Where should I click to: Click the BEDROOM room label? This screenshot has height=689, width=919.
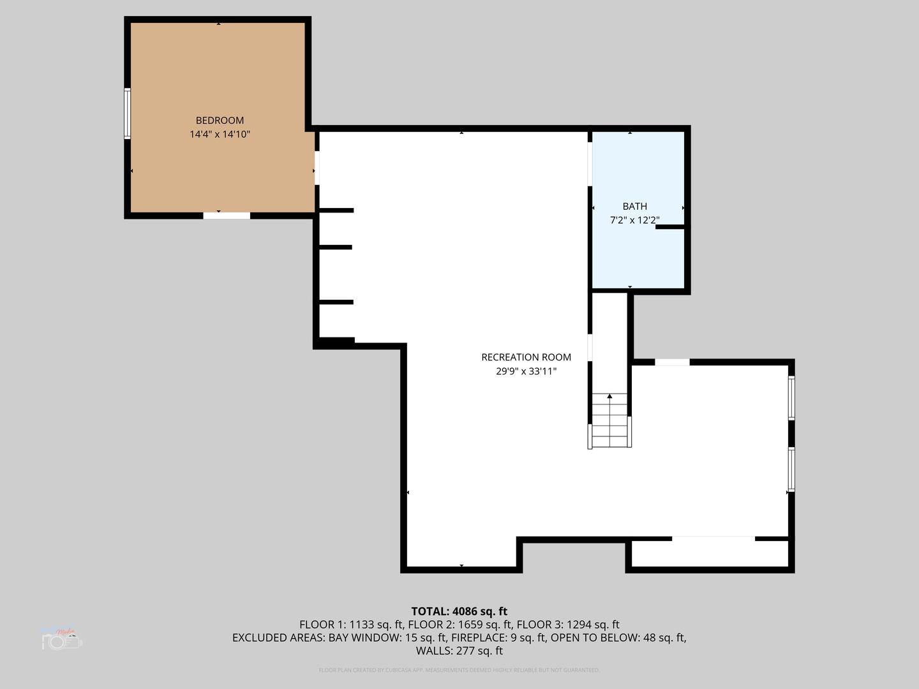[220, 121]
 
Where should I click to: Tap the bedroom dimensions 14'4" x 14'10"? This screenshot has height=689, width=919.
[220, 135]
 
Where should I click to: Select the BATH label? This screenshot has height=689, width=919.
[634, 206]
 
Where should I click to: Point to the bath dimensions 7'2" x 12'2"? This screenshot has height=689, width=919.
[634, 220]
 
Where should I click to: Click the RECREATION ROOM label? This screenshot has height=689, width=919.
[526, 357]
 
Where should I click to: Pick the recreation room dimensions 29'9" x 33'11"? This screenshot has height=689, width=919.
[526, 371]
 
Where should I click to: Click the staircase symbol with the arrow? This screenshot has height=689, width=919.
[610, 421]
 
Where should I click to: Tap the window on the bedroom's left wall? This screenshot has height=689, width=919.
[128, 114]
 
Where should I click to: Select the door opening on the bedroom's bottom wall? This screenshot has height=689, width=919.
[227, 216]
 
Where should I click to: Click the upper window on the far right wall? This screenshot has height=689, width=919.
[791, 397]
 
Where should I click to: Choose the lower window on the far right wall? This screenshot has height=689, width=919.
[791, 469]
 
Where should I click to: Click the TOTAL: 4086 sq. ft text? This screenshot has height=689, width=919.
[459, 611]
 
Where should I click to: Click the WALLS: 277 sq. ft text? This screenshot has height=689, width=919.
[459, 651]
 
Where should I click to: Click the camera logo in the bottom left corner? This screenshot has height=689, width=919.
[62, 640]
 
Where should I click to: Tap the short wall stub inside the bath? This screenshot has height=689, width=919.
[669, 227]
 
